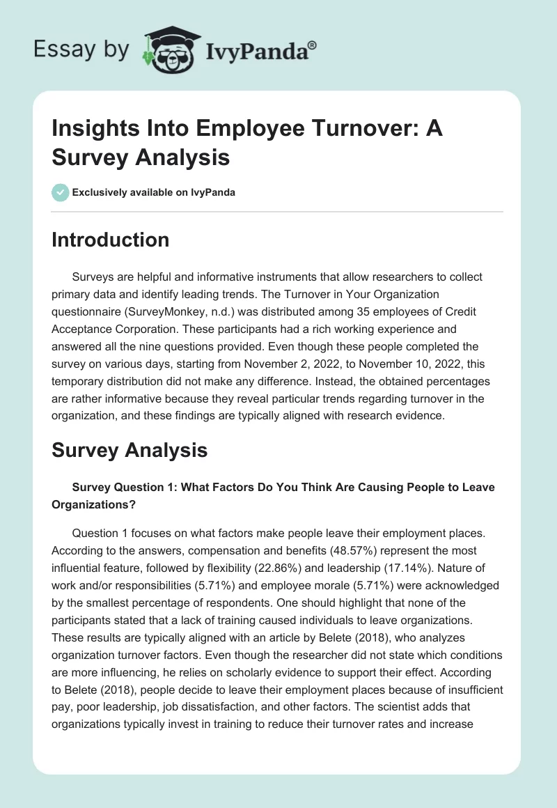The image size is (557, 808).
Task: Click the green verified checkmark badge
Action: (61, 192)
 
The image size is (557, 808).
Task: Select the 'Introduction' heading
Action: (111, 240)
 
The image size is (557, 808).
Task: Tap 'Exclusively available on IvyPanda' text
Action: (154, 192)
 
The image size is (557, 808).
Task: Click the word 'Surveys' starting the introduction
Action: (93, 277)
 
